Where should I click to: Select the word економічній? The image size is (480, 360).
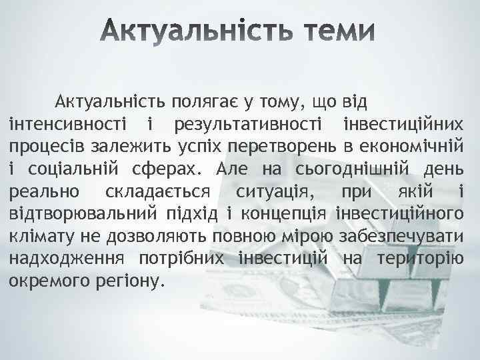click(x=410, y=147)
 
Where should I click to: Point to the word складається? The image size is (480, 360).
click(x=158, y=192)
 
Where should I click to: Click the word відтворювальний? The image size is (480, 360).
click(x=84, y=214)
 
